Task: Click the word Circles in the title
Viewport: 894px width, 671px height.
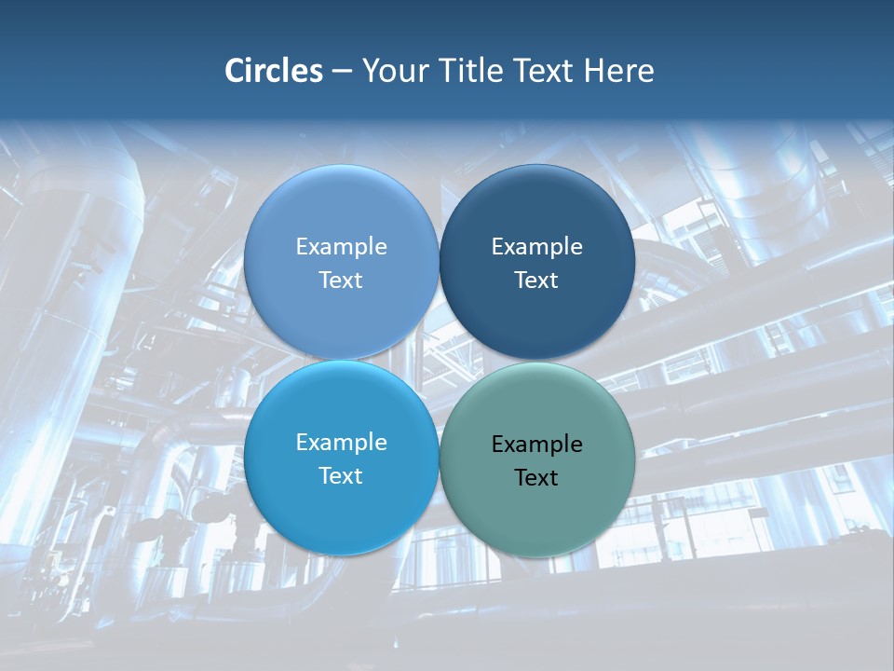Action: (273, 71)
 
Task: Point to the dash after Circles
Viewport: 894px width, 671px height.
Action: (342, 72)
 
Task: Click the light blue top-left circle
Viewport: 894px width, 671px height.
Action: (341, 205)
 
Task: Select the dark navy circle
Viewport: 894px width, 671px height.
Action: (537, 205)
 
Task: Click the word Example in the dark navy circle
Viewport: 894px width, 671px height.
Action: (536, 247)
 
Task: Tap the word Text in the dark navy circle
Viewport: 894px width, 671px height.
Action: (536, 281)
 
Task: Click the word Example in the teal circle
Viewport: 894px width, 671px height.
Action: (536, 445)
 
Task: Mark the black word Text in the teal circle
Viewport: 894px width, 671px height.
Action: (536, 478)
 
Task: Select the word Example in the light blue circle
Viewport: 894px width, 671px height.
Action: (341, 247)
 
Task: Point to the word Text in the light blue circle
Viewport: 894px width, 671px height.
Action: (341, 281)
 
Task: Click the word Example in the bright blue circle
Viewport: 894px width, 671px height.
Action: (341, 443)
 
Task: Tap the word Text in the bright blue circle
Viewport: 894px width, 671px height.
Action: (341, 476)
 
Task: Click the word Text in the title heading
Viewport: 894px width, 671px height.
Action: (548, 71)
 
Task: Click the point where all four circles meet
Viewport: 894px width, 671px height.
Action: (439, 361)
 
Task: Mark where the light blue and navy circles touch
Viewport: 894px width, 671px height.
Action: (439, 262)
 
